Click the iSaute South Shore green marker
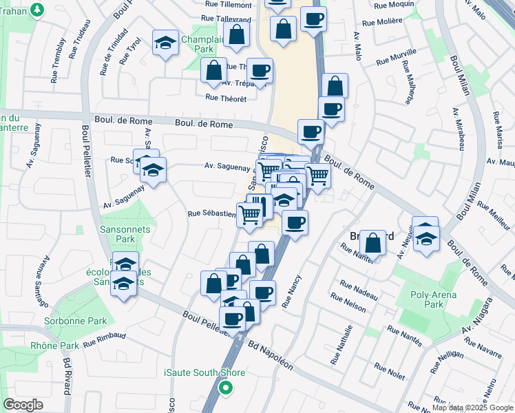click(x=225, y=388)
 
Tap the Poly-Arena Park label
click(x=434, y=299)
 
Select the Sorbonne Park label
click(x=83, y=321)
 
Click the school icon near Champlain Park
click(x=165, y=42)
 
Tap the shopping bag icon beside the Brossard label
click(x=372, y=243)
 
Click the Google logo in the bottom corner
click(x=23, y=405)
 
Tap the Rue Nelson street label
click(x=348, y=302)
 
